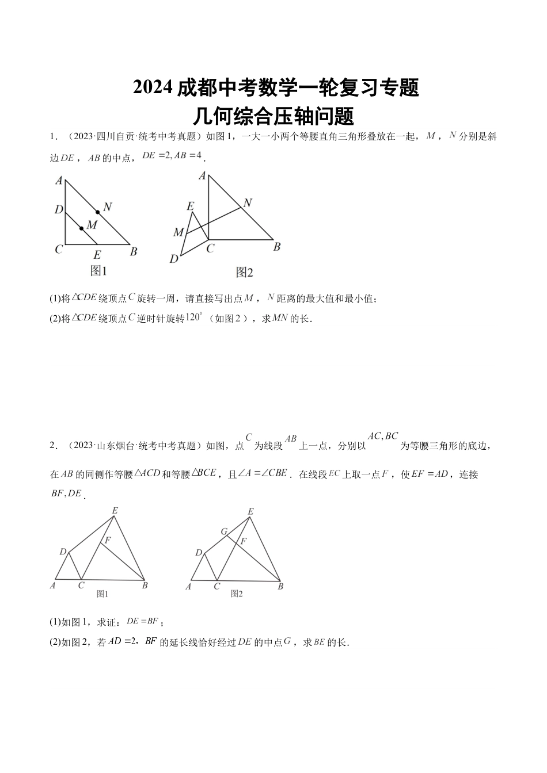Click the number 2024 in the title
click(x=153, y=87)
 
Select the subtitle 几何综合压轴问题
click(x=273, y=116)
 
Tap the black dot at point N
click(x=97, y=212)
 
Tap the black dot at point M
click(x=81, y=228)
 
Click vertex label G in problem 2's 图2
click(x=225, y=531)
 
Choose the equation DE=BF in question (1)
click(x=142, y=621)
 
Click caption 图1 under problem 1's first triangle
click(x=99, y=270)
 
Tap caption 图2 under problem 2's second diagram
click(x=237, y=594)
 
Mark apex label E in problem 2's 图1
click(x=115, y=510)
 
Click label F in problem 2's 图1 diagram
click(x=107, y=539)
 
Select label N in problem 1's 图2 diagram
click(x=248, y=202)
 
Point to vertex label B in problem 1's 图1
click(x=134, y=251)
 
